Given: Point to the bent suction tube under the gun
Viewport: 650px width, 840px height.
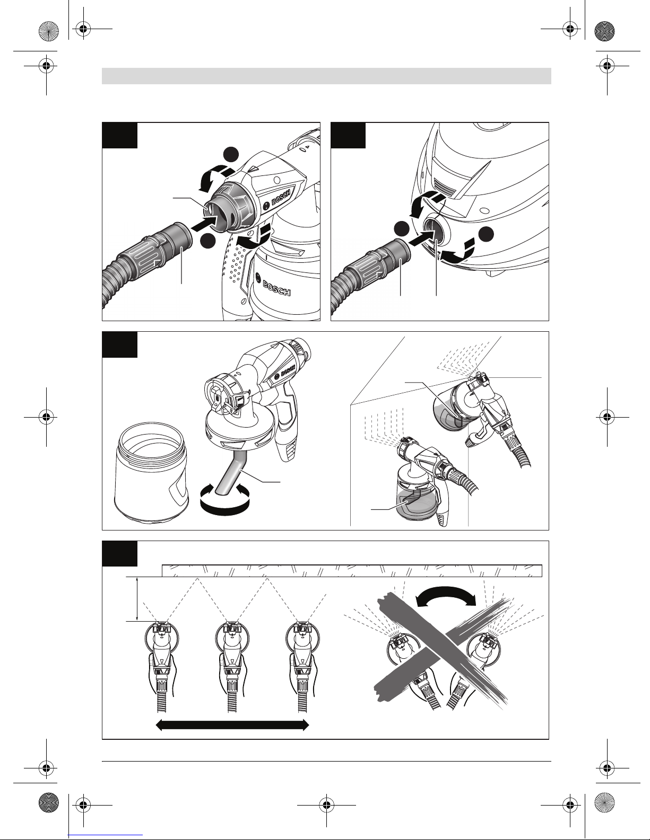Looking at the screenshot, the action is click(x=233, y=474).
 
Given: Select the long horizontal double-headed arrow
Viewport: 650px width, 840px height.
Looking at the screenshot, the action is click(x=232, y=725).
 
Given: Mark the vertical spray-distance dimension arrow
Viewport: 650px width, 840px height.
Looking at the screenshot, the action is click(x=137, y=599).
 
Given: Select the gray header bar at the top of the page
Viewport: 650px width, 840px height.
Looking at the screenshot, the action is click(x=326, y=76).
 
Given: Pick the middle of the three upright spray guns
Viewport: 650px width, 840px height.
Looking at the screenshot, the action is click(x=232, y=667).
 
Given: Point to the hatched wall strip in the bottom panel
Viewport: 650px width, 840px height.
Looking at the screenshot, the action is click(x=352, y=571).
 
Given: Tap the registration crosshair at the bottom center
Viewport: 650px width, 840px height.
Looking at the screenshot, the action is click(x=326, y=805).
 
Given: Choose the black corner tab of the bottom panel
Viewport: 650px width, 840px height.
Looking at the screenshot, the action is click(x=119, y=554).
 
